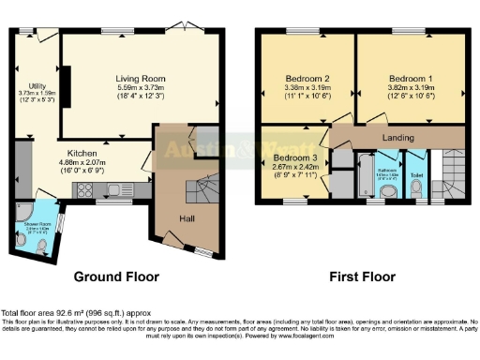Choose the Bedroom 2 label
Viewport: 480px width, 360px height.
tap(306, 78)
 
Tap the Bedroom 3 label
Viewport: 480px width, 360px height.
tap(291, 157)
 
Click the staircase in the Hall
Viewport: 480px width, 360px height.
tap(199, 192)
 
